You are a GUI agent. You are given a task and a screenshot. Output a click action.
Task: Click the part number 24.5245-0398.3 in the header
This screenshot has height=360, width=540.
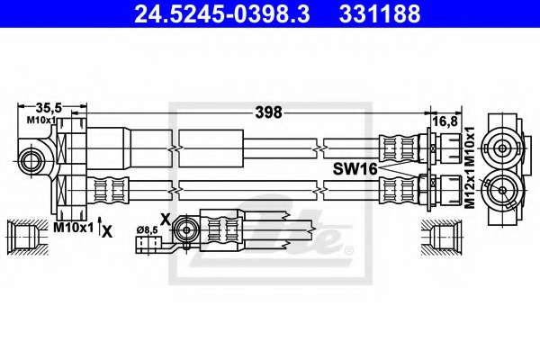pos(222,13)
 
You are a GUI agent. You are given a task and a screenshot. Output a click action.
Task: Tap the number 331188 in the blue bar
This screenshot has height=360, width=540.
pos(380,13)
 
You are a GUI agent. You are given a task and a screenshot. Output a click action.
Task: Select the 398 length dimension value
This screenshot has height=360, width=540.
pos(268,112)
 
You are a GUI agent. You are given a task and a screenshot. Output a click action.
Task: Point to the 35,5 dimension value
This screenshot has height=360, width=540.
pos(49,108)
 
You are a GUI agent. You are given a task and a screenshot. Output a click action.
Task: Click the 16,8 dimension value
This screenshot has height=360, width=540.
pos(445,121)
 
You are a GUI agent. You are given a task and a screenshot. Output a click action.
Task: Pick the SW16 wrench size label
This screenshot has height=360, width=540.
pos(355,169)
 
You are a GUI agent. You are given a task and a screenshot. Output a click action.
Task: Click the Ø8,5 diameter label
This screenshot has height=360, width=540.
pos(147,229)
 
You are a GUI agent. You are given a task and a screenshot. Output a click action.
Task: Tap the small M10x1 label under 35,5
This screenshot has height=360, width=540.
pos(41,120)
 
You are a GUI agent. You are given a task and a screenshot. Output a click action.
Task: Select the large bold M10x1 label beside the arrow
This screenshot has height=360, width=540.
pos(74,228)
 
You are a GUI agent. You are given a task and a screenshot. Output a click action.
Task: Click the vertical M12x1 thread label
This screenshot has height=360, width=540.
pos(470,188)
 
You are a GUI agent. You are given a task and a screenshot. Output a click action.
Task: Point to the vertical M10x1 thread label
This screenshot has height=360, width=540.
pos(470,147)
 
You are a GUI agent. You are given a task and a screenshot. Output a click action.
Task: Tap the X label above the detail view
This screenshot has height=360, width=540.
pos(166,219)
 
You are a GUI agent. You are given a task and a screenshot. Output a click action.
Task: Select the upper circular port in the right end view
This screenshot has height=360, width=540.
pos(502,148)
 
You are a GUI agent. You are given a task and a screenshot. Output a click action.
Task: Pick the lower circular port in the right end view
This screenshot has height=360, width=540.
pos(502,190)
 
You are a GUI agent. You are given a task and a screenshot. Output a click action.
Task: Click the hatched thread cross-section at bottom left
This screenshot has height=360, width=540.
pos(28,238)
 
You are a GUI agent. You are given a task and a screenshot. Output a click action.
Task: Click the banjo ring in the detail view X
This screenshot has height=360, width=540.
pos(186,229)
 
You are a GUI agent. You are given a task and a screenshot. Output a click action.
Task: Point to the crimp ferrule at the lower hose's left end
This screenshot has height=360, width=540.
pos(108,190)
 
